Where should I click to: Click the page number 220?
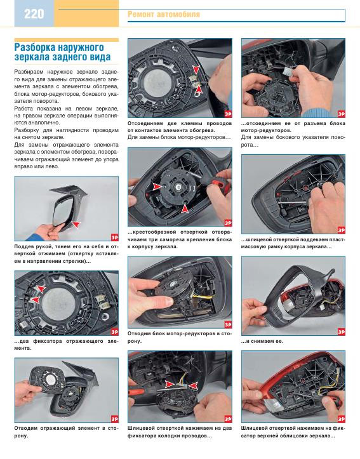click(x=34, y=14)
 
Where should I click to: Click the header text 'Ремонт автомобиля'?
click(x=164, y=15)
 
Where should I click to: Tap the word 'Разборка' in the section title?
click(x=35, y=47)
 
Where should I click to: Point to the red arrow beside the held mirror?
click(x=76, y=224)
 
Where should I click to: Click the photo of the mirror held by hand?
click(x=67, y=208)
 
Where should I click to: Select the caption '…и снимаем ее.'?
click(x=262, y=341)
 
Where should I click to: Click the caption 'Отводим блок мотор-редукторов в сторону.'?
click(x=180, y=337)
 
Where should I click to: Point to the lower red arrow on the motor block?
click(x=184, y=208)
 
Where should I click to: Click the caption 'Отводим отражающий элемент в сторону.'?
click(x=67, y=432)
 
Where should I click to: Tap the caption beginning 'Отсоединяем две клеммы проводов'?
click(x=180, y=127)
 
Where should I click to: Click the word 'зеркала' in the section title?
click(x=31, y=57)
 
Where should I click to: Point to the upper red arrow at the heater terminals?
click(x=196, y=69)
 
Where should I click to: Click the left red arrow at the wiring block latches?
click(x=169, y=383)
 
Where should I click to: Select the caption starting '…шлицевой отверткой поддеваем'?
click(x=293, y=243)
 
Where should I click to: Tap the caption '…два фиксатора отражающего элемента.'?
click(x=67, y=345)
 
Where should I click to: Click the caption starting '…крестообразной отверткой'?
click(x=180, y=239)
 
